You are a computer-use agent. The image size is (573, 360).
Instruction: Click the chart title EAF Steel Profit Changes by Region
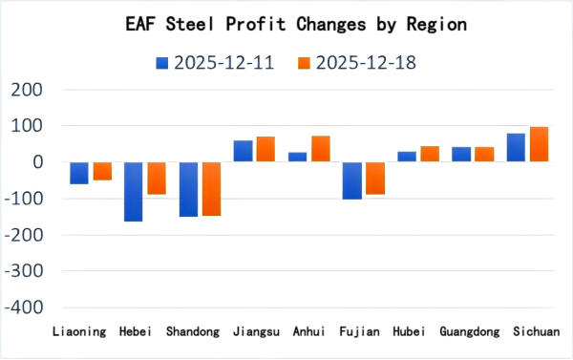tap(286, 22)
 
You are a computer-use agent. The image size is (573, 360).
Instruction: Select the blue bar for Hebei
tap(133, 191)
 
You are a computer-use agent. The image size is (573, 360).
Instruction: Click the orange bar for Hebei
tap(156, 178)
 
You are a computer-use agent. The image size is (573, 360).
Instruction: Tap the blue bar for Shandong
tap(188, 189)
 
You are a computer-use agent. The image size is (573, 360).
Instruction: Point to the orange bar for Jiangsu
tap(265, 149)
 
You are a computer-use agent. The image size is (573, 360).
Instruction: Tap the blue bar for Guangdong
tap(461, 155)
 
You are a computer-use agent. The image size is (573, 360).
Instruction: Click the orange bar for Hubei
tap(429, 154)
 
